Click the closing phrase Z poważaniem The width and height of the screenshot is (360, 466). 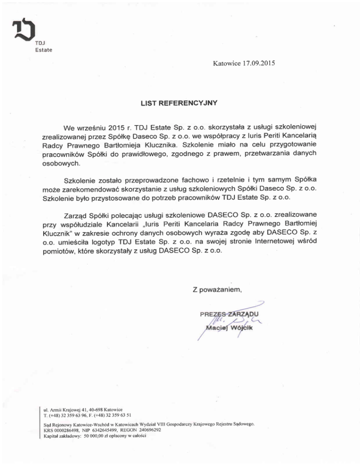click(217, 289)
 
